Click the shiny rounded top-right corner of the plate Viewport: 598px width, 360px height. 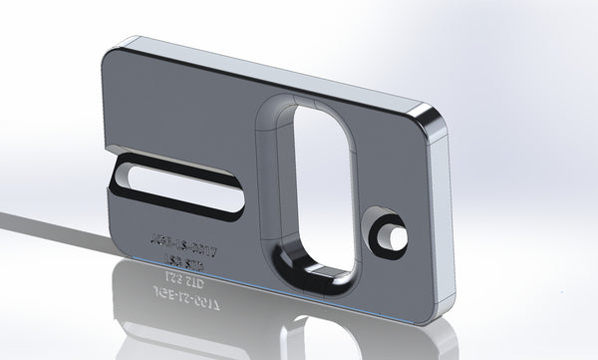tap(432, 118)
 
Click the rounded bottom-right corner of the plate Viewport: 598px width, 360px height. tap(434, 319)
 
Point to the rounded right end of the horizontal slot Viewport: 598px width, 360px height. tap(239, 198)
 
